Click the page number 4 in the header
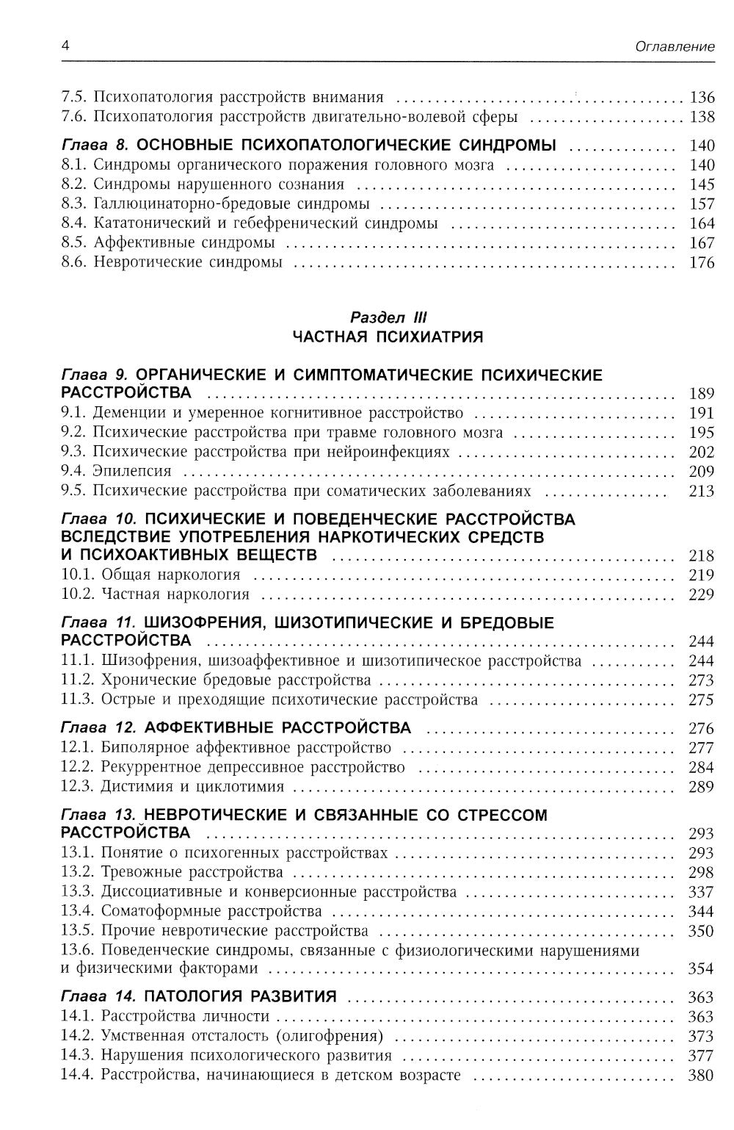coord(65,46)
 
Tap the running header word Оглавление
coord(675,46)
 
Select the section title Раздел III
coord(388,317)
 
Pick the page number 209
coord(702,471)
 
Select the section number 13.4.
coord(78,912)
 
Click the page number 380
coord(702,1076)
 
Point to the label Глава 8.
coord(95,145)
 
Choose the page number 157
coord(702,204)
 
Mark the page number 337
coord(702,892)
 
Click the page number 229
coord(702,594)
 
